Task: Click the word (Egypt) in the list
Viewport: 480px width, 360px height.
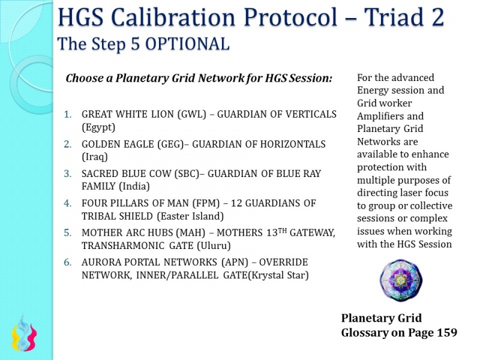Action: (98, 128)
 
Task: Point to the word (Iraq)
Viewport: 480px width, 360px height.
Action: (95, 157)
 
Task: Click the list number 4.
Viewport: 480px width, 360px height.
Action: (68, 203)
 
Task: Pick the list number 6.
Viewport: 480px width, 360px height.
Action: (68, 263)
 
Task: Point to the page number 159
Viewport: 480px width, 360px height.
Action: (444, 332)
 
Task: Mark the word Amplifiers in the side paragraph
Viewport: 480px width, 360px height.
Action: (382, 116)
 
